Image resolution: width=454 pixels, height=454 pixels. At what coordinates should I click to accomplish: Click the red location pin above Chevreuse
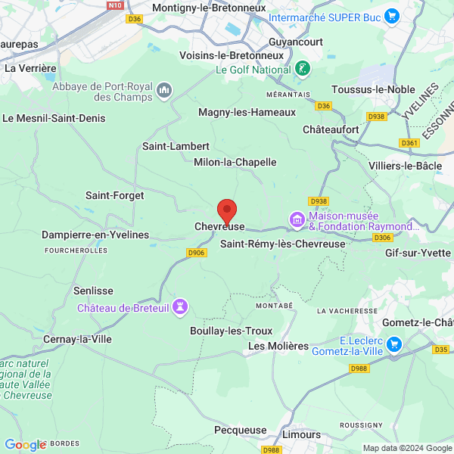(226, 210)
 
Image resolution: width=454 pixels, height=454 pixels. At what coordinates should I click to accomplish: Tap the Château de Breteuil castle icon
(180, 307)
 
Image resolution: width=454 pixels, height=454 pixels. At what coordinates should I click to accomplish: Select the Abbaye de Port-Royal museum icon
(164, 92)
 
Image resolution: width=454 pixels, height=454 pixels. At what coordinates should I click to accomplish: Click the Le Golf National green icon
(302, 69)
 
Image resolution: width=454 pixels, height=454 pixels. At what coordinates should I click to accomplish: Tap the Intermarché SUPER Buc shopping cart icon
(391, 15)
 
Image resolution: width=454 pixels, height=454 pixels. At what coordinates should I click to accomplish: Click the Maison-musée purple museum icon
(297, 220)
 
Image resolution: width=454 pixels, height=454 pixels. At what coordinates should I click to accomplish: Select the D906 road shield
(197, 253)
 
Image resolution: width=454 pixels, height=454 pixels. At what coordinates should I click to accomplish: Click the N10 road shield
(115, 5)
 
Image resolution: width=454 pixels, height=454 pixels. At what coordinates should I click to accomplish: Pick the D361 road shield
(409, 143)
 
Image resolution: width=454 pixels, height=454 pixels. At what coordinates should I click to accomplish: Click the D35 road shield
(440, 350)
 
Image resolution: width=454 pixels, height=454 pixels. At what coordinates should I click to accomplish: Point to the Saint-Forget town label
(114, 195)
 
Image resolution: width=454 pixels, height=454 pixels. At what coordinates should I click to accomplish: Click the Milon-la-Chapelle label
(235, 162)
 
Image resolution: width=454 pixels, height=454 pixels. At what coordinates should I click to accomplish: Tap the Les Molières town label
(278, 346)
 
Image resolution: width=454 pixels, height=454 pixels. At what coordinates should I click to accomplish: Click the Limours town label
(301, 434)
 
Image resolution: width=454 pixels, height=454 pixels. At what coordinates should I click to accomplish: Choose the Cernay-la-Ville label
(77, 339)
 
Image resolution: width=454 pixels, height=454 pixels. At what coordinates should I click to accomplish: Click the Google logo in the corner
(25, 445)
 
